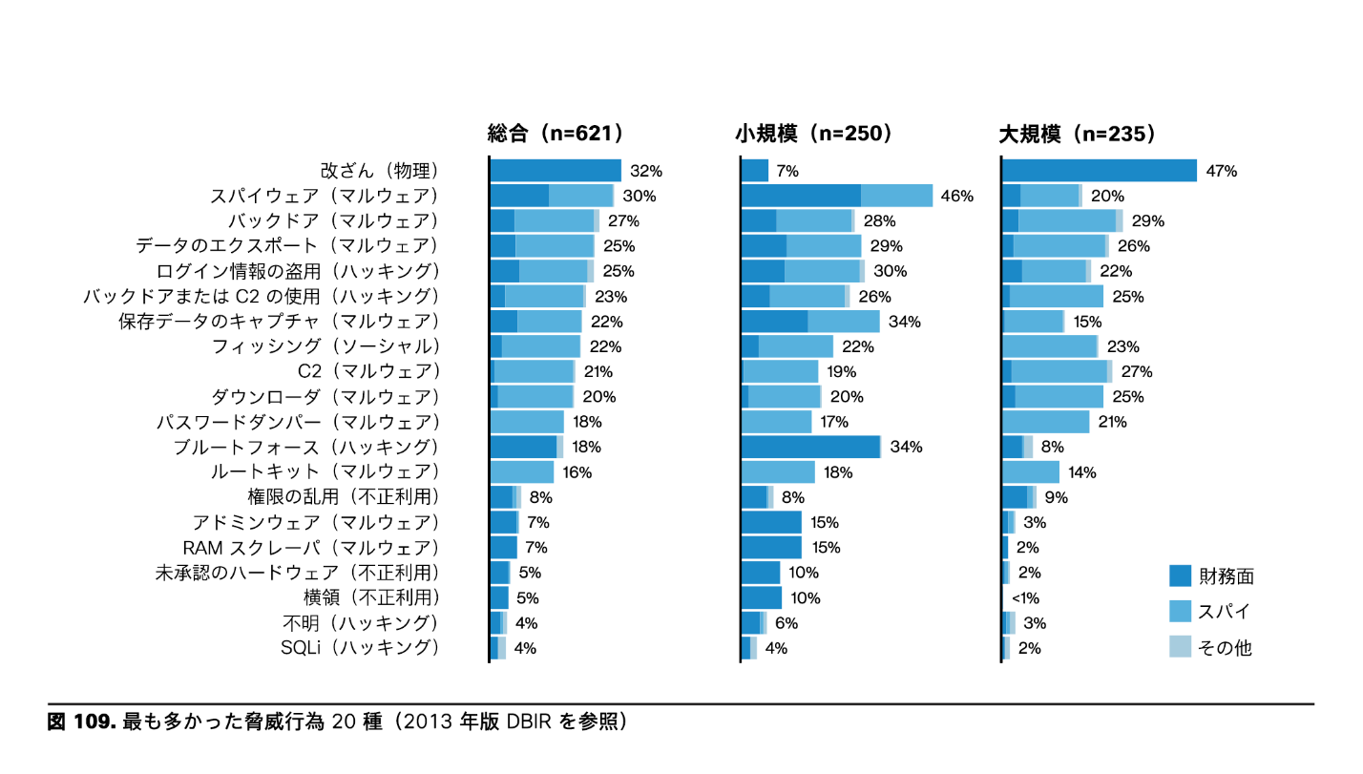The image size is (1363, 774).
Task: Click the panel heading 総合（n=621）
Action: click(x=556, y=135)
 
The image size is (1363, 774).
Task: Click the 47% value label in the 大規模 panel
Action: click(x=1222, y=172)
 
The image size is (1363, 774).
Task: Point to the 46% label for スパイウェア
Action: click(x=956, y=197)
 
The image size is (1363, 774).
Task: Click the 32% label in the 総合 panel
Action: click(x=646, y=172)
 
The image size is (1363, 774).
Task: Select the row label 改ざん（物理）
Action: click(x=379, y=172)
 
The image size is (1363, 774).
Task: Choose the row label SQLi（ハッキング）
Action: click(x=360, y=648)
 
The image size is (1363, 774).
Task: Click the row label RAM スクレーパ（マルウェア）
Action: click(x=311, y=548)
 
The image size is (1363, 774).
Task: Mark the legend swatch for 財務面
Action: click(x=1181, y=575)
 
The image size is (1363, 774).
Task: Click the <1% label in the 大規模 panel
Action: click(x=1025, y=598)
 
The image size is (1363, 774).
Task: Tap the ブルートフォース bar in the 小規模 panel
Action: click(x=810, y=447)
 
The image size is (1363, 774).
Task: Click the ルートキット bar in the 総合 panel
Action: click(x=522, y=472)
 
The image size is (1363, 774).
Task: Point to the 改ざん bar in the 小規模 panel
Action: click(x=755, y=171)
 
